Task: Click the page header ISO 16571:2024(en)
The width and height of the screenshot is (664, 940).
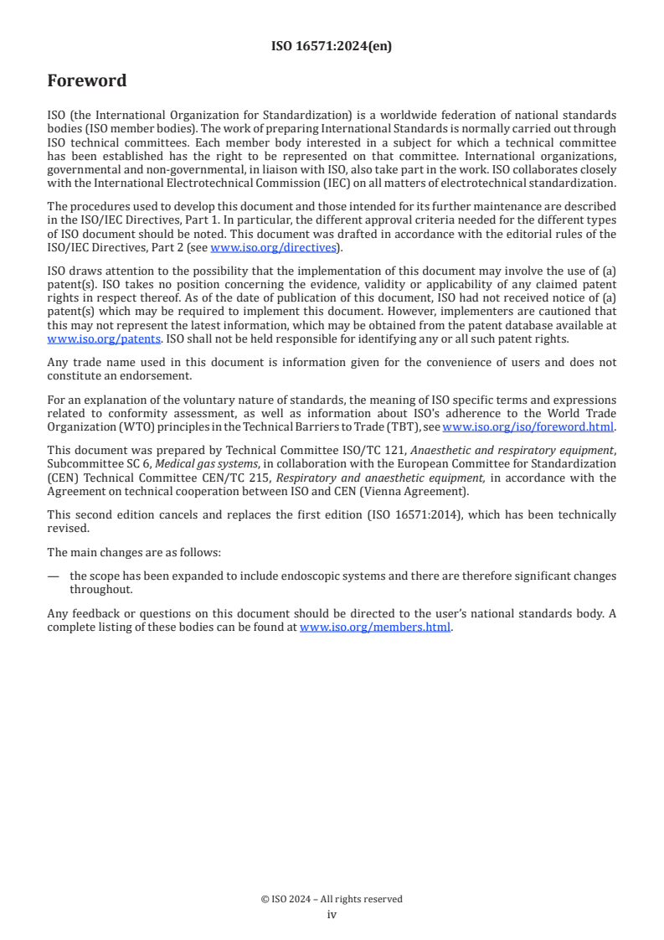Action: pyautogui.click(x=332, y=47)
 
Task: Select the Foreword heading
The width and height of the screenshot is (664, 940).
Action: pyautogui.click(x=86, y=81)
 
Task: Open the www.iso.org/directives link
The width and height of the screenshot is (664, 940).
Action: pyautogui.click(x=273, y=247)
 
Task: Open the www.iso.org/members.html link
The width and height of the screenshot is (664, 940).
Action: pyautogui.click(x=375, y=626)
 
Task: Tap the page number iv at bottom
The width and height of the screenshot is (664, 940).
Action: pyautogui.click(x=332, y=915)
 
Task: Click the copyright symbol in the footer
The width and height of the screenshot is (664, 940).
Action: pyautogui.click(x=265, y=899)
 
